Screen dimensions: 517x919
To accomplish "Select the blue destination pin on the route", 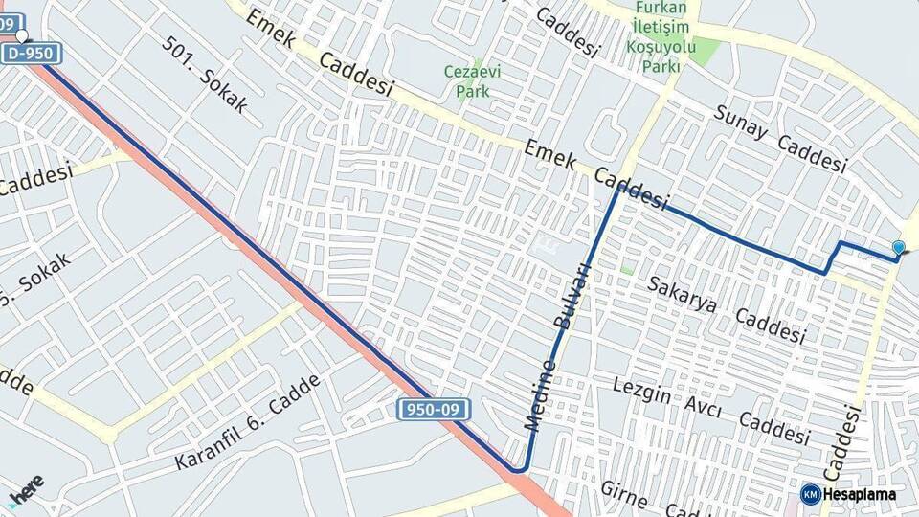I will (898, 248).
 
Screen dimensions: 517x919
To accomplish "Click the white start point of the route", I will (21, 36).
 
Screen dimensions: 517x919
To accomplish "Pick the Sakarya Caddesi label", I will (724, 308).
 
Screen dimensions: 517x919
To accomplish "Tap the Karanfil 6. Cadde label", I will (248, 421).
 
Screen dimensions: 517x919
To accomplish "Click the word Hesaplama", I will (860, 494).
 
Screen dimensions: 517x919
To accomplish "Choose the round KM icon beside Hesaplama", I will (810, 494).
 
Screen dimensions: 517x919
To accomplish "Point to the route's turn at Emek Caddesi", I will (618, 191).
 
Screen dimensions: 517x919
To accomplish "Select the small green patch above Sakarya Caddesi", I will (626, 270).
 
